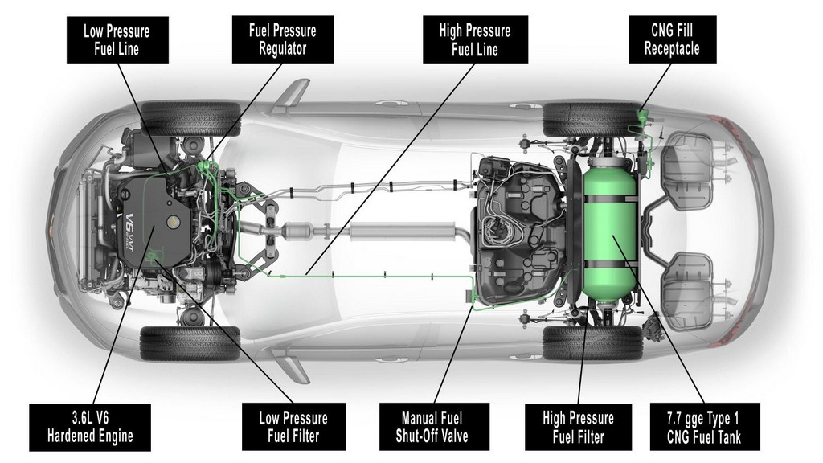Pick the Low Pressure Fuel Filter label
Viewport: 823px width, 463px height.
[x=293, y=427]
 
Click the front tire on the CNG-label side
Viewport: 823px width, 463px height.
[x=190, y=117]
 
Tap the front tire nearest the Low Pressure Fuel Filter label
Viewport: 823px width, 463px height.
[x=190, y=343]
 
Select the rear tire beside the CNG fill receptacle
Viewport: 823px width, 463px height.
[x=592, y=118]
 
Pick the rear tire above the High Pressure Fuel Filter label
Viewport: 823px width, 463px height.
[x=592, y=343]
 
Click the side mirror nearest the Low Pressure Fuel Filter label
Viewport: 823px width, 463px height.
[x=291, y=366]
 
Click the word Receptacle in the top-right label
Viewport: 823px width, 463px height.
[x=672, y=49]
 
